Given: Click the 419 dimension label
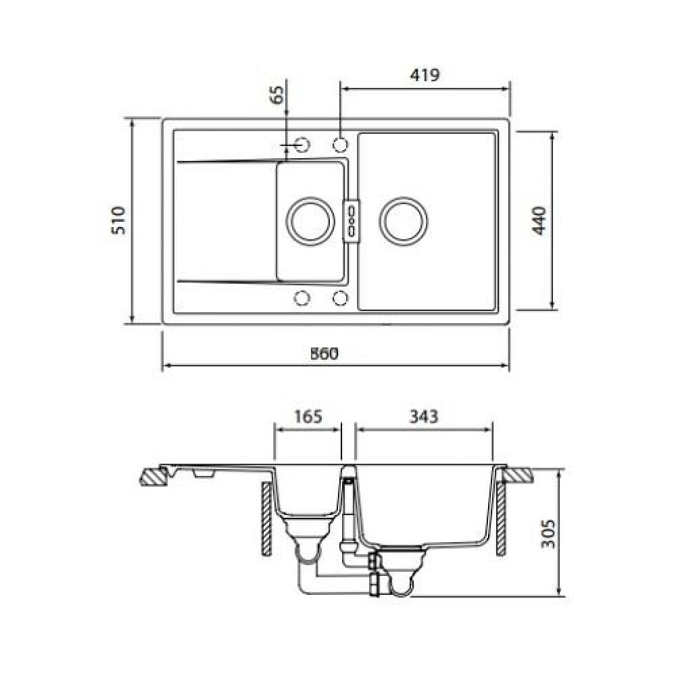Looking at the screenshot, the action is tap(425, 75).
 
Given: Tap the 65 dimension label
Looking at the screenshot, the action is tap(277, 95).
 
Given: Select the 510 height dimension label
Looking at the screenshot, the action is tap(118, 220).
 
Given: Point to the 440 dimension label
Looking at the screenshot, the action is tap(539, 221).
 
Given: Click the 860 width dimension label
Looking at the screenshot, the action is tap(324, 354).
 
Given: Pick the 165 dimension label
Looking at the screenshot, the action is tap(308, 416).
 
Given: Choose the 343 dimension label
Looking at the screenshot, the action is tap(423, 416).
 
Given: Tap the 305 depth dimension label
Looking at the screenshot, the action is tap(548, 534).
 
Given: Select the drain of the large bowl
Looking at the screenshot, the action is tap(404, 221).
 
